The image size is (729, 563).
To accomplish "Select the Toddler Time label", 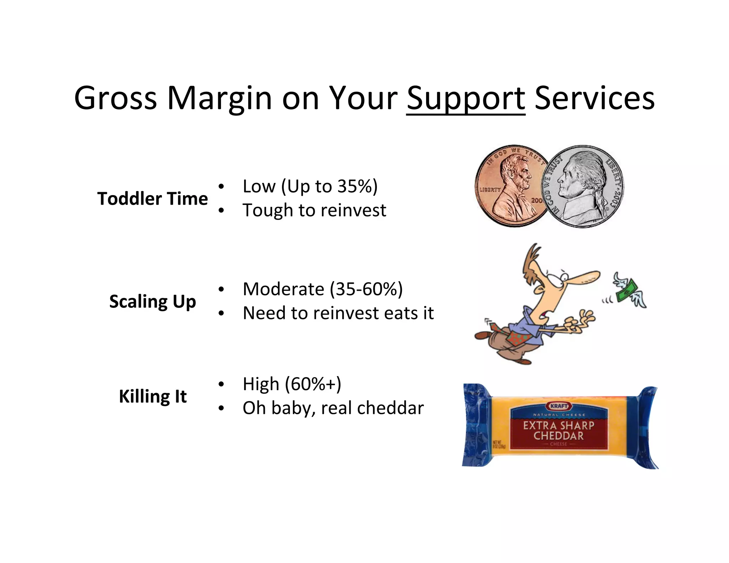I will pyautogui.click(x=152, y=199).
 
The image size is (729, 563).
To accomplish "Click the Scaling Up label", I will pyautogui.click(x=152, y=301).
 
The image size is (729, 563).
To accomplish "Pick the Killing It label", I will pyautogui.click(x=152, y=396).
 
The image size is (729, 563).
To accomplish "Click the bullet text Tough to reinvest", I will pyautogui.click(x=314, y=210).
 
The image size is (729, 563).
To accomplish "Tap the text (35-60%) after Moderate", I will pyautogui.click(x=366, y=289).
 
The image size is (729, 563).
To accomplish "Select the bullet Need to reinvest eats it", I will pyautogui.click(x=338, y=313).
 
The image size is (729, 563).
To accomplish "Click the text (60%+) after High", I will pyautogui.click(x=313, y=384).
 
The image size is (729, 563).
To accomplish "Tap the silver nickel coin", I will pyautogui.click(x=584, y=187).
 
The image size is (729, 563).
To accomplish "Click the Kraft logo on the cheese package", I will pyautogui.click(x=558, y=406).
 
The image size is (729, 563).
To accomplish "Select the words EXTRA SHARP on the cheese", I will pyautogui.click(x=558, y=425).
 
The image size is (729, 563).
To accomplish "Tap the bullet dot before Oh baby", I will pyautogui.click(x=221, y=408).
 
